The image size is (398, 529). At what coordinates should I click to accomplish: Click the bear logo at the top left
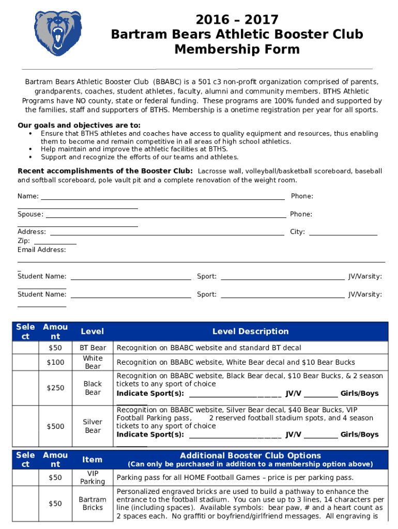(58, 34)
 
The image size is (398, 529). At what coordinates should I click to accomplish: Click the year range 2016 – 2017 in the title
(237, 20)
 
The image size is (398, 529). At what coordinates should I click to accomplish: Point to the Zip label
(24, 241)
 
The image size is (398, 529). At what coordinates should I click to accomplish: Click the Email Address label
(42, 250)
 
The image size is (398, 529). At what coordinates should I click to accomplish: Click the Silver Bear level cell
(93, 426)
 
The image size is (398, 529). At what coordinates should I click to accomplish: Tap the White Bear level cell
(93, 362)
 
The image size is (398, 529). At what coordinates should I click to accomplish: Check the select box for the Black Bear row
(25, 388)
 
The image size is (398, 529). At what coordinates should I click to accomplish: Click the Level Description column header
(250, 331)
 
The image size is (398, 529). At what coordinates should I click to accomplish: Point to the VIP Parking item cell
(93, 477)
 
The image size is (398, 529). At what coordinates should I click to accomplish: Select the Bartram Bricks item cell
(93, 504)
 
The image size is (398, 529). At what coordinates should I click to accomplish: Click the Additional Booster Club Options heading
(250, 456)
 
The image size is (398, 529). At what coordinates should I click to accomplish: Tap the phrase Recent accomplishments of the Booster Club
(105, 171)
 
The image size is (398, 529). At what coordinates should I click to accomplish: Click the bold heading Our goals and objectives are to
(79, 126)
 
